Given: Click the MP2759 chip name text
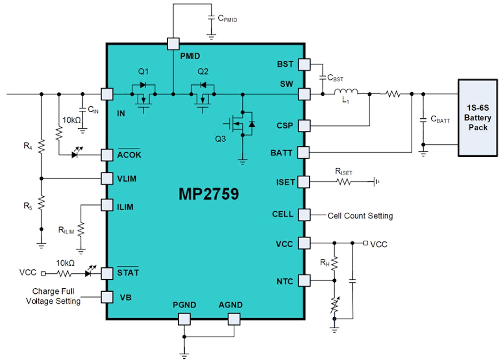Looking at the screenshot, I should [x=209, y=194].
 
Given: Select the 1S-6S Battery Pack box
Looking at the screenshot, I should [x=477, y=117].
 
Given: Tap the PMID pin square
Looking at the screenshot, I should [x=173, y=44].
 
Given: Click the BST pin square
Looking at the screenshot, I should [x=304, y=64].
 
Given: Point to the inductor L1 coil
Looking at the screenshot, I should [x=346, y=93].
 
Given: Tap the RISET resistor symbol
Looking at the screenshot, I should [x=344, y=182].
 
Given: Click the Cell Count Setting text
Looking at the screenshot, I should [x=360, y=216].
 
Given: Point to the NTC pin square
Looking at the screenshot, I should [x=304, y=281].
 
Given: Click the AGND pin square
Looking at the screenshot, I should [x=234, y=319].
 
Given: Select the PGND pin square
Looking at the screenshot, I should [x=184, y=319].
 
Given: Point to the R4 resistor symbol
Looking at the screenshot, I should [x=41, y=146].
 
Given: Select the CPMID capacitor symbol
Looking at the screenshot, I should [x=210, y=18].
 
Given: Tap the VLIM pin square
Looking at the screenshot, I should [x=106, y=178].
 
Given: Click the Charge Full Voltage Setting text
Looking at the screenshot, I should [x=53, y=296].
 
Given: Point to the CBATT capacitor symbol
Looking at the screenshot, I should [x=423, y=120].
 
